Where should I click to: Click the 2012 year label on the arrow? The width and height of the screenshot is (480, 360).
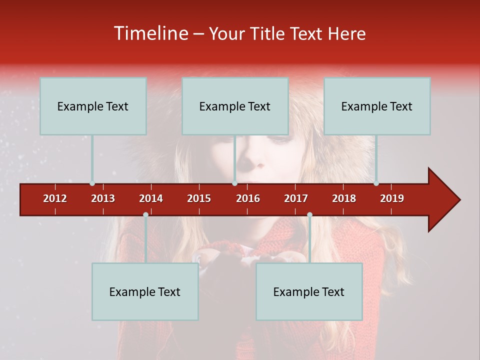(x=55, y=198)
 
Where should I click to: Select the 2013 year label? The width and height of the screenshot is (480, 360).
(x=103, y=198)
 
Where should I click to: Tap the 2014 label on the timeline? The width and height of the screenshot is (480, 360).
(x=151, y=198)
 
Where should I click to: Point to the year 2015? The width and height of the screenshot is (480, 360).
(x=199, y=198)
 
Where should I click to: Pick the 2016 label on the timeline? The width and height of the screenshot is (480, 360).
(x=248, y=198)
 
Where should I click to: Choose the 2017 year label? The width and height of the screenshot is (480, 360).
(x=296, y=198)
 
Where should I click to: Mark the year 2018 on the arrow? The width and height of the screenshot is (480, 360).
(x=344, y=198)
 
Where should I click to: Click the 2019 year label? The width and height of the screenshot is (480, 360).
(x=392, y=198)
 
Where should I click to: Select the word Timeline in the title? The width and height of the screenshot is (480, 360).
(x=150, y=33)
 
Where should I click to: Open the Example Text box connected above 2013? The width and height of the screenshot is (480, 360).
(x=93, y=106)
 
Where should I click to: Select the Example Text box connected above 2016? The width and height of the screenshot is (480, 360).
(x=235, y=106)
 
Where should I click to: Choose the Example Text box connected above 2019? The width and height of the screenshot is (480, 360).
(x=377, y=106)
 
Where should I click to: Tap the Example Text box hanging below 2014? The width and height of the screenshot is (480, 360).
(x=145, y=291)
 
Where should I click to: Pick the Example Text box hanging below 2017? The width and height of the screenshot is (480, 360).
(x=309, y=291)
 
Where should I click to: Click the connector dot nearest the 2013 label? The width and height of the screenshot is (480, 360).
(x=92, y=183)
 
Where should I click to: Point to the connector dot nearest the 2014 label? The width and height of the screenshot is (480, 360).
(x=145, y=215)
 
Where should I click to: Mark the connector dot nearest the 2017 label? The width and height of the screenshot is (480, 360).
(x=309, y=215)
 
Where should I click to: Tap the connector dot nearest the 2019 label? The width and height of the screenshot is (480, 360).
(x=376, y=183)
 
